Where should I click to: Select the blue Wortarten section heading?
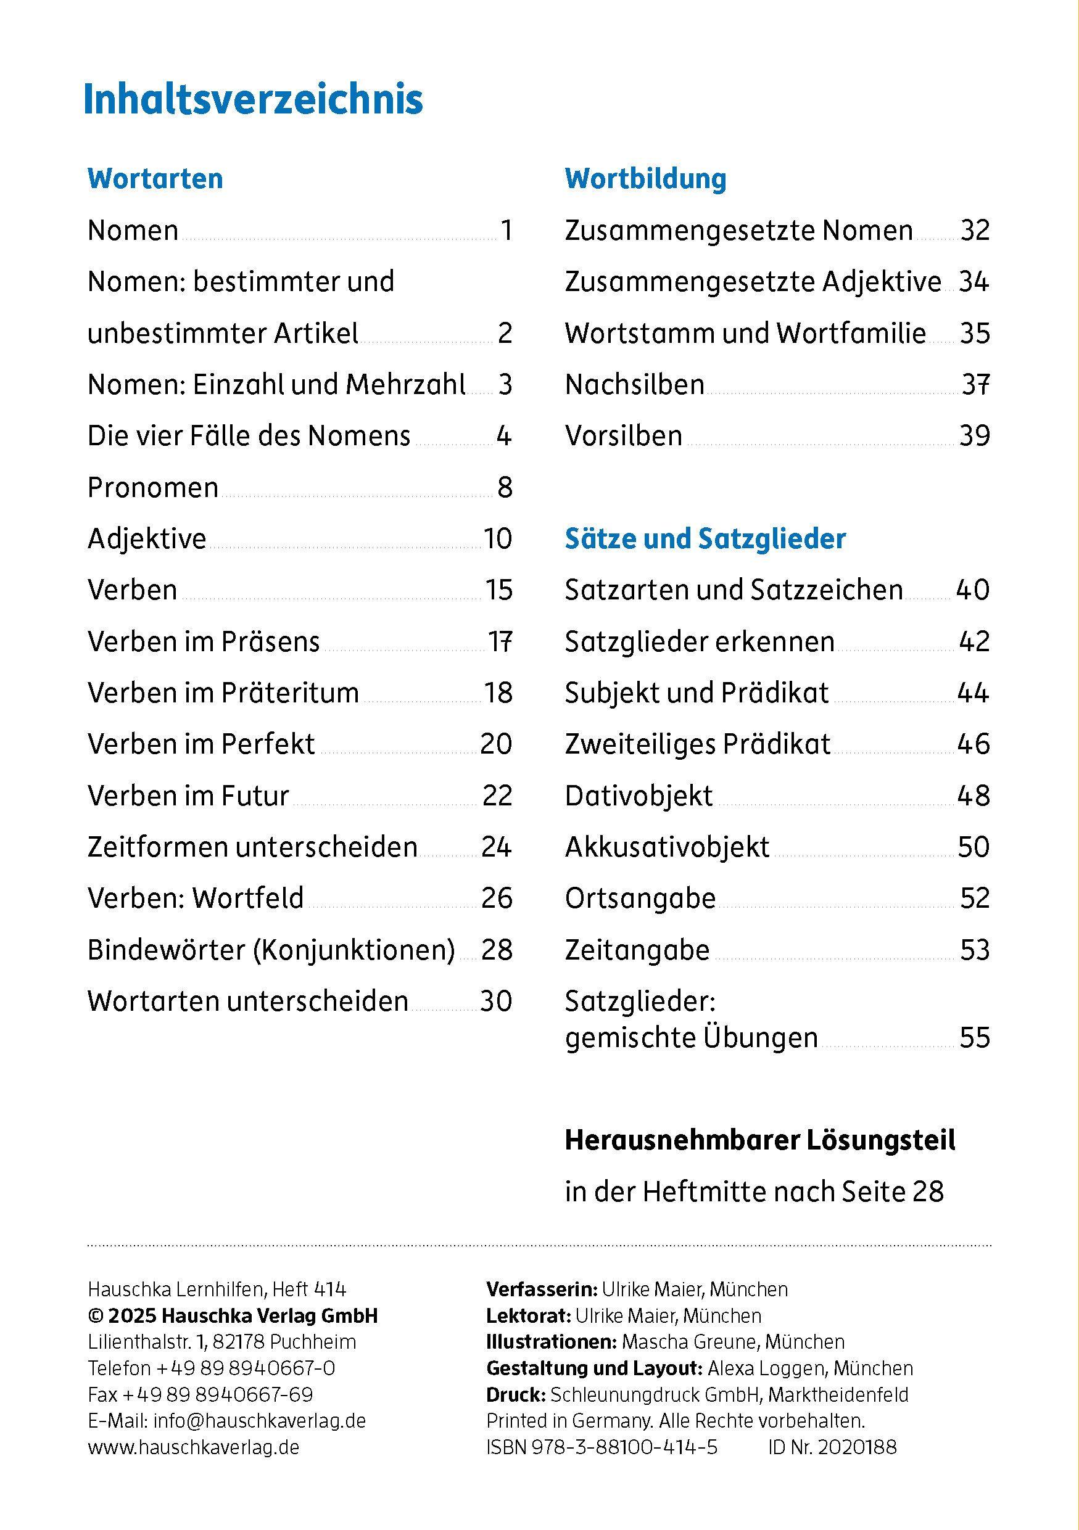point(155,179)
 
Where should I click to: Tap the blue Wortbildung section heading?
point(645,179)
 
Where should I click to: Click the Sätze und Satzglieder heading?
point(705,538)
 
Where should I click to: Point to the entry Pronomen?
point(152,488)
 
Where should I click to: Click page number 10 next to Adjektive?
point(498,538)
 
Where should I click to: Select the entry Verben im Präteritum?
point(223,693)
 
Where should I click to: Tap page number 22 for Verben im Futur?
point(497,796)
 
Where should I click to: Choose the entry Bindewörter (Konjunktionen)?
point(271,950)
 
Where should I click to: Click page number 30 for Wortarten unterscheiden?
point(496,1001)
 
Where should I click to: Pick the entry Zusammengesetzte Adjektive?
point(753,282)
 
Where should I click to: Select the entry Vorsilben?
point(623,436)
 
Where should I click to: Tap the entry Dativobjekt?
point(639,796)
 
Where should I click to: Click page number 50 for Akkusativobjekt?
point(974,847)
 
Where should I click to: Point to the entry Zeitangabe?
point(637,950)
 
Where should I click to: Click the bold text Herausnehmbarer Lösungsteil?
point(760,1141)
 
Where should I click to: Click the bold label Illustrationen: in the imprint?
point(550,1341)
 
